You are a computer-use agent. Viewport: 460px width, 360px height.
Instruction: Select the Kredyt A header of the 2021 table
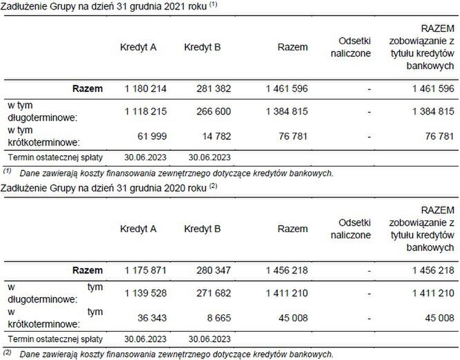[138, 48]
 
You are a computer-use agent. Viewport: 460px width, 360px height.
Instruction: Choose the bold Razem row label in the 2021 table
[88, 88]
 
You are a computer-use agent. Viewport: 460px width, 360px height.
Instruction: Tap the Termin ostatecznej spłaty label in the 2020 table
[55, 339]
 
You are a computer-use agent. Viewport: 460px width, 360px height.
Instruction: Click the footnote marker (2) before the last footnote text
[8, 353]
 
